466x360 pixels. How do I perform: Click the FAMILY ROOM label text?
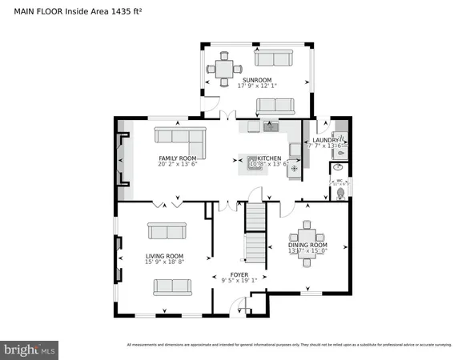pos(178,158)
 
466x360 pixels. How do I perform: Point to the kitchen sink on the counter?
pos(270,126)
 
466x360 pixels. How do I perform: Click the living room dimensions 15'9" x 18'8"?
pos(165,262)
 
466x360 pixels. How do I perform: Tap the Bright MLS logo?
pos(30,350)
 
